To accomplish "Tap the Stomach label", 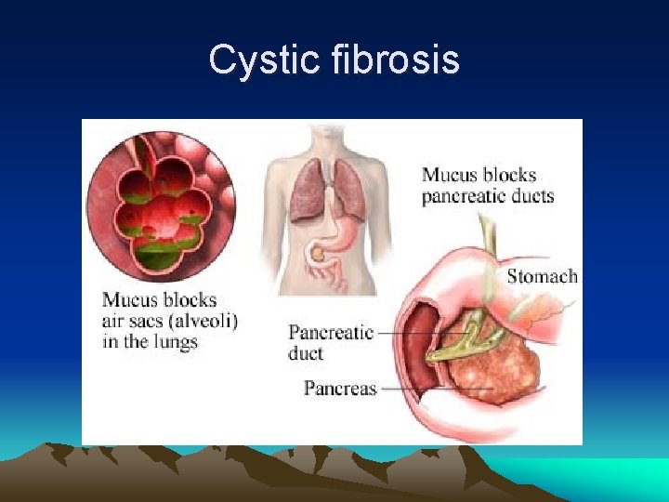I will pos(542,276).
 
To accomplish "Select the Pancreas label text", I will pos(340,389).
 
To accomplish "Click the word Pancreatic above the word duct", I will pos(331,333).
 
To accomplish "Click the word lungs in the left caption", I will pos(176,341).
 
